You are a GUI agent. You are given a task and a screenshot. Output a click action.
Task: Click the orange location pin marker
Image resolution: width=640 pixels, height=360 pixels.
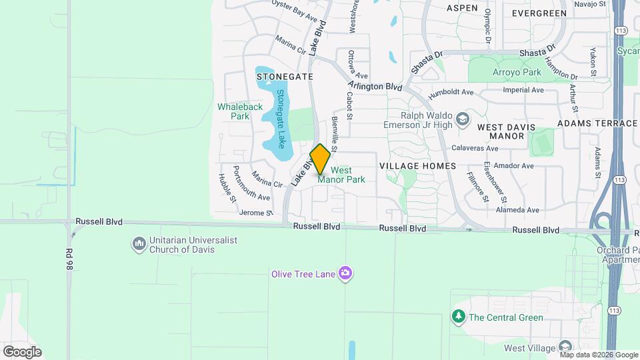coord(320,159)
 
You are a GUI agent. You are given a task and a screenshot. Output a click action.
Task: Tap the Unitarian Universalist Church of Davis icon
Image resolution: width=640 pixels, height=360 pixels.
coord(139,244)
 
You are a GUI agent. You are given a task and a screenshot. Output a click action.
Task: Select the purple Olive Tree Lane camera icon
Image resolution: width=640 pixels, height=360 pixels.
coord(345,273)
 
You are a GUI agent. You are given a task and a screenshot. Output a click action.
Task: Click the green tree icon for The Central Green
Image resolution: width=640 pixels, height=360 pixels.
coord(458,317)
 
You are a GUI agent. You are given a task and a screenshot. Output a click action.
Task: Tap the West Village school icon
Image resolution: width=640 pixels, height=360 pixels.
coord(565,347)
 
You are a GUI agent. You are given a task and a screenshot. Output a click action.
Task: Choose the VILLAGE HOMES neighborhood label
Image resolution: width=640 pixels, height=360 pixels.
coord(417,165)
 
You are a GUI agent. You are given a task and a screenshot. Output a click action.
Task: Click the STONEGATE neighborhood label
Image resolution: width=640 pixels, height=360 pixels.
coord(285,77)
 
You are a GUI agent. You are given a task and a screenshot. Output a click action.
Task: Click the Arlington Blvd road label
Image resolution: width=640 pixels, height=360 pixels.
coord(375,86)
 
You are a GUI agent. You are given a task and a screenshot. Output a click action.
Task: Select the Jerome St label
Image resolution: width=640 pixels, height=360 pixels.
coord(256,213)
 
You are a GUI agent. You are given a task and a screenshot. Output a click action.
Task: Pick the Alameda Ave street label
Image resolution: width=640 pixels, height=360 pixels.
coord(517,210)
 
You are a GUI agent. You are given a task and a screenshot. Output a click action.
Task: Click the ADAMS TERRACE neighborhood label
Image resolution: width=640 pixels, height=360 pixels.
coord(597,123)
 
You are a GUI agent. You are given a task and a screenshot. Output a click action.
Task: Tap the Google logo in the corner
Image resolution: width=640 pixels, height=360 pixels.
coord(22,351)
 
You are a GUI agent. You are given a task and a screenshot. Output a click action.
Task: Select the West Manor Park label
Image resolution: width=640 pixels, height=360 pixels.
coord(342,175)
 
